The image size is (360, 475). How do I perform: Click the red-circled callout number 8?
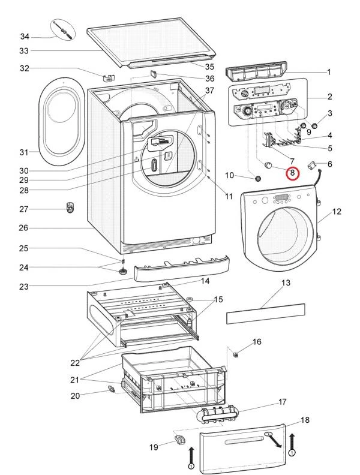click(292, 173)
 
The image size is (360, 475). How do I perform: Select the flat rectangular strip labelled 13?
click(265, 313)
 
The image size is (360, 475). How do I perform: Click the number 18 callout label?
click(305, 420)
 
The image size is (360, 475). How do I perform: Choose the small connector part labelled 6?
click(312, 163)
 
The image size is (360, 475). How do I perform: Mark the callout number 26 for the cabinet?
click(24, 228)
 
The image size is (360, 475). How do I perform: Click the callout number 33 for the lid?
click(24, 51)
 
